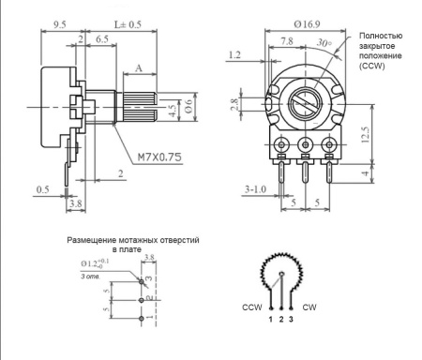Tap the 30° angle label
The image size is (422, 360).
coord(323,44)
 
